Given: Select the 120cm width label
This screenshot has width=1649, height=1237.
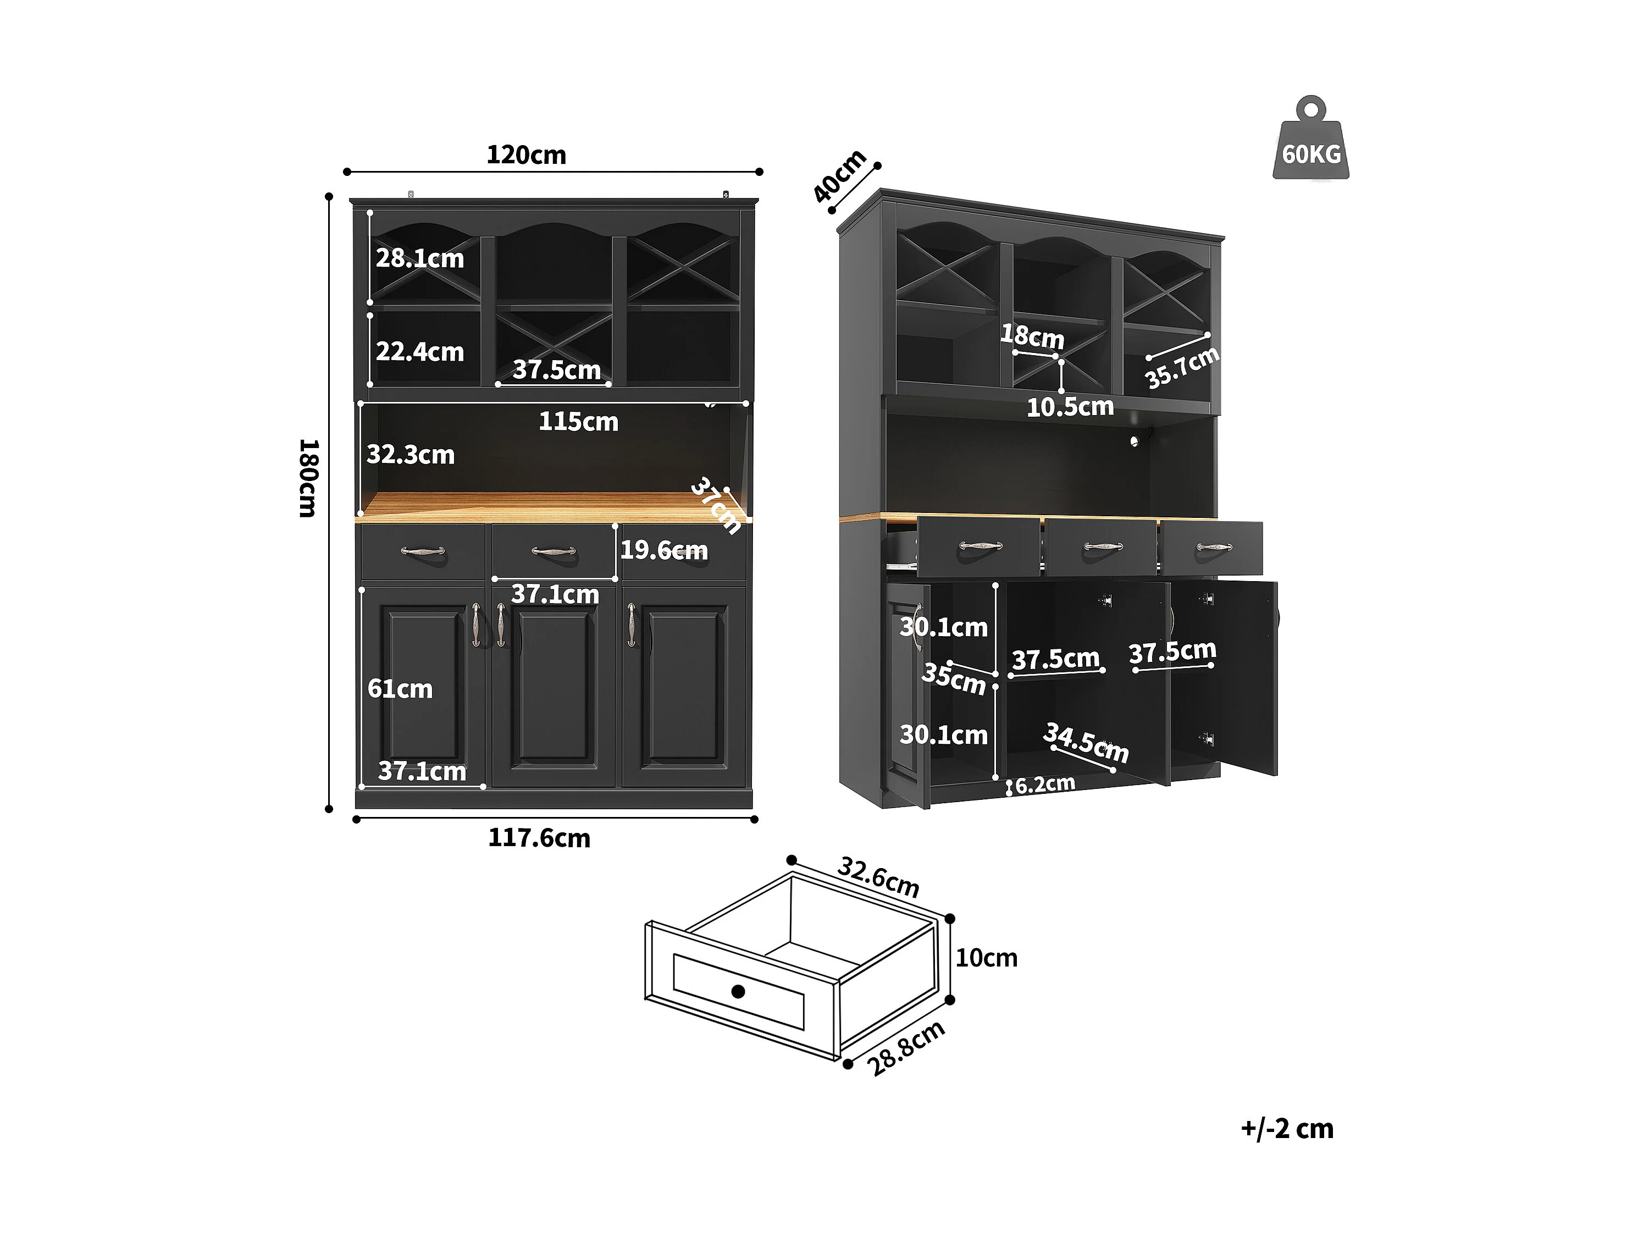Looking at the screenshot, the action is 527,155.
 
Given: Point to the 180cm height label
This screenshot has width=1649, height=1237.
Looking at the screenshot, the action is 308,478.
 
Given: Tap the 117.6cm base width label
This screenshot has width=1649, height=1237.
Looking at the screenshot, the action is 539,838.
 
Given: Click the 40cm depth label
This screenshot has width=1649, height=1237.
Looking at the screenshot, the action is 839,176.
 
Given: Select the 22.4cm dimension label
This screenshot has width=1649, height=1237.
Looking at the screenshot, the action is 420,351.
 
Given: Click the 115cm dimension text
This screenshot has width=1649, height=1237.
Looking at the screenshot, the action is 578,422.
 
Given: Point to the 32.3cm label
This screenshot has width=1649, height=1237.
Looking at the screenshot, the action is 411,454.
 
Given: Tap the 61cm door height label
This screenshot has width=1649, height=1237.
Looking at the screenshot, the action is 400,688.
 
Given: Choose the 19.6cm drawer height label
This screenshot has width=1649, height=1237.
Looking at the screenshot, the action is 664,550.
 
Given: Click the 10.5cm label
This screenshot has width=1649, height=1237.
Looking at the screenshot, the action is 1071,407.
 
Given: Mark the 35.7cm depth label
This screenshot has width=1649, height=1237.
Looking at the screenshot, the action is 1182,368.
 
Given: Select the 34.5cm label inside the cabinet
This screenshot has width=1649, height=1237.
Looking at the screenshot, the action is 1086,743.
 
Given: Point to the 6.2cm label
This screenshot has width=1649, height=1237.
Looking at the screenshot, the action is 1045,783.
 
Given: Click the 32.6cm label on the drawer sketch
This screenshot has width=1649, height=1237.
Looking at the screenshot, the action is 879,877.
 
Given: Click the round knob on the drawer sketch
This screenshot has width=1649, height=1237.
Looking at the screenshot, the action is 738,991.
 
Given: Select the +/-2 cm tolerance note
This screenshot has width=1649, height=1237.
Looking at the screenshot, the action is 1287,1129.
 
